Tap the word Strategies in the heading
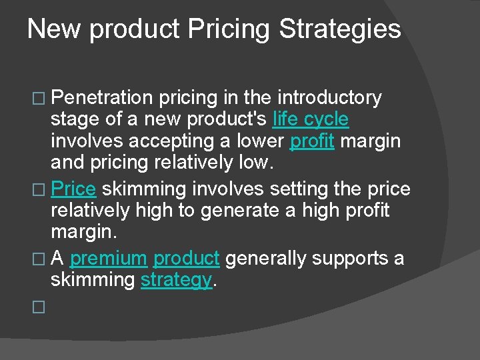340,29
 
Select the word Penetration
102,98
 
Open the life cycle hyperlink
311,120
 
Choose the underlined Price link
73,189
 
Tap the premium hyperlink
108,258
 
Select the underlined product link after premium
186,258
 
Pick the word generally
266,258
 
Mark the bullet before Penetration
38,99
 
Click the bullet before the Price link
38,190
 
